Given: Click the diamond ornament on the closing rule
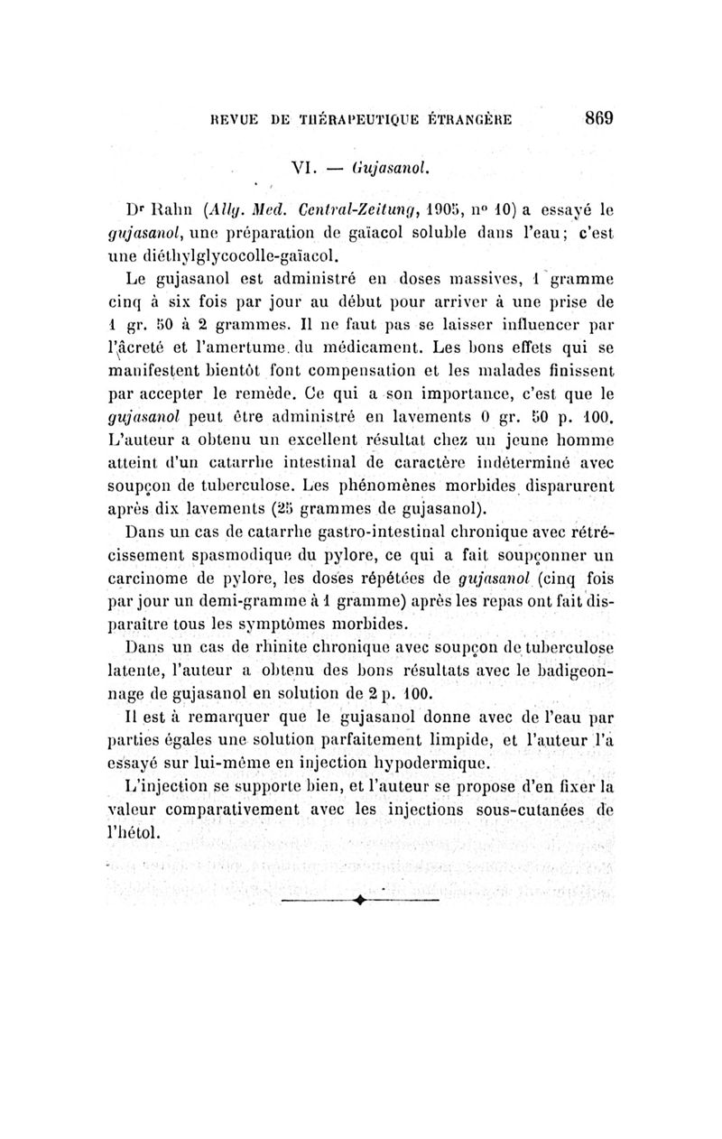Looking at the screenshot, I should [358, 899].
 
